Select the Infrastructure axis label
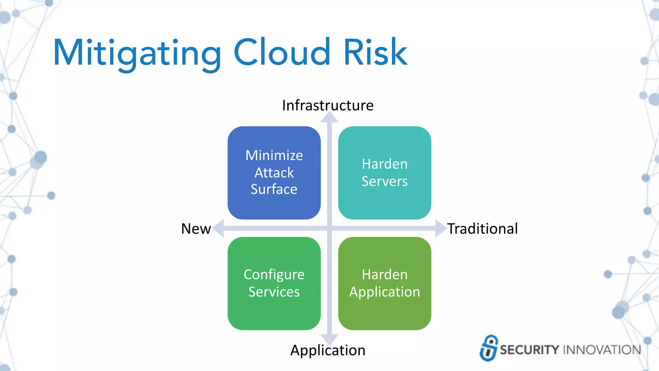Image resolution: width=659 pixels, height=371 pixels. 328,105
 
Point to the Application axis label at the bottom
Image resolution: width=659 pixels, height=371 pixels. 328,350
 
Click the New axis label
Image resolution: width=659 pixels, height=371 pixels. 196,229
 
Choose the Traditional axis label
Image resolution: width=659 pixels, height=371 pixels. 482,229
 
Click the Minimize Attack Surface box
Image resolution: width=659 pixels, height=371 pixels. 274,173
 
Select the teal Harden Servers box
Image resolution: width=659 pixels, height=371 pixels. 385,173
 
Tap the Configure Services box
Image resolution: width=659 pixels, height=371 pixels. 274,283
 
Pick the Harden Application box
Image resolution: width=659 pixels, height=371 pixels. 385,283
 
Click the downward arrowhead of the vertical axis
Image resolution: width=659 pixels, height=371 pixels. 329,339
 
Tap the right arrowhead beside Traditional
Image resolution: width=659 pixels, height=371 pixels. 440,228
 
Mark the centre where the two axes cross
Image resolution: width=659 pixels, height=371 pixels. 329,228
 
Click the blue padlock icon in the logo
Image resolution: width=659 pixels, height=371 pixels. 489,348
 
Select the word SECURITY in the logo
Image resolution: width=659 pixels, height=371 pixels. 529,350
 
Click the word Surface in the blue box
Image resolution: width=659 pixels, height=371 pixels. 274,189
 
